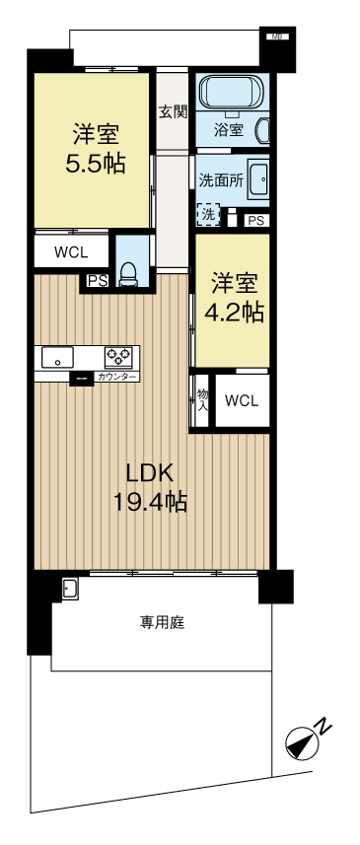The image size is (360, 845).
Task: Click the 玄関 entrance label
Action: coord(173,111)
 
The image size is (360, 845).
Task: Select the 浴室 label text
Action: coord(229,128)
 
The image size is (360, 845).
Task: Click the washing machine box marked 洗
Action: coord(208,212)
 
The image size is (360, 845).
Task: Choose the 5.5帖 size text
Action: coord(95,164)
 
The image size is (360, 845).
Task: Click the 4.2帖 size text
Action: coord(233,313)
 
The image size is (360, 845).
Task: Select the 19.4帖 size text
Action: coord(150,502)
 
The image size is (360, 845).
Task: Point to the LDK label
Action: coord(150,471)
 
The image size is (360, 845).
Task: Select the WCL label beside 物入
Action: coord(242,400)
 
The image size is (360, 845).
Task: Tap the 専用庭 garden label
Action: coord(163,622)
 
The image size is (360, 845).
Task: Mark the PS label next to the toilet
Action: coord(98,280)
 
